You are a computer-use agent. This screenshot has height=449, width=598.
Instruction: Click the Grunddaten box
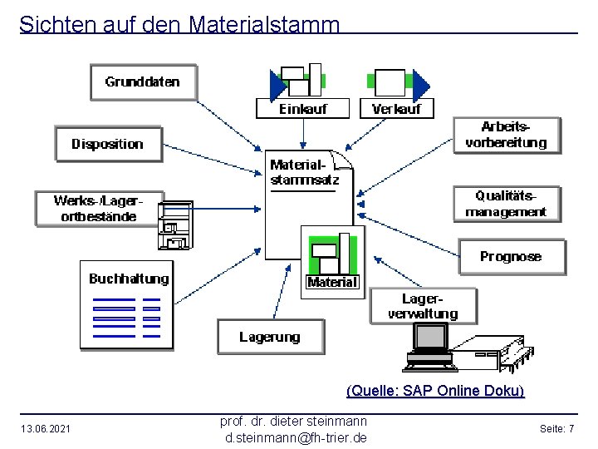click(x=142, y=82)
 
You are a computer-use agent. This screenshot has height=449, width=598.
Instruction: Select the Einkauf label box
click(x=303, y=109)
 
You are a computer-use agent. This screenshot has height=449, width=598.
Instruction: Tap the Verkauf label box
click(x=396, y=109)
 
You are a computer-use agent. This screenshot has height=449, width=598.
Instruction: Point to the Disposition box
click(x=108, y=144)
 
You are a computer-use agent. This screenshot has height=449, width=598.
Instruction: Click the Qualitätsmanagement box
click(x=506, y=204)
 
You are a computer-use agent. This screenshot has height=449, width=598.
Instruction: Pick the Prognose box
click(x=511, y=257)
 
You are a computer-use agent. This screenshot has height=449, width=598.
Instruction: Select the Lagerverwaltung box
click(x=423, y=306)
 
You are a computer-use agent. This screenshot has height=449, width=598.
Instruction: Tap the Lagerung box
click(x=270, y=337)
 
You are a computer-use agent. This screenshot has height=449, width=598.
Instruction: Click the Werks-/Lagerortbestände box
click(x=98, y=209)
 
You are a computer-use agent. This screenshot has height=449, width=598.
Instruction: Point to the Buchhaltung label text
click(x=129, y=279)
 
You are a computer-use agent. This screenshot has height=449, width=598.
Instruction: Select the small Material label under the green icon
click(x=332, y=283)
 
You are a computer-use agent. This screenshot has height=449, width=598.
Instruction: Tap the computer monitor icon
click(x=430, y=340)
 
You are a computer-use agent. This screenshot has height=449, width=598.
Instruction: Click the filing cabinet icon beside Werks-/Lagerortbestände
click(x=175, y=224)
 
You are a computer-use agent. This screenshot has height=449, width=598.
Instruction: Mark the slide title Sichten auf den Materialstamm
click(x=179, y=24)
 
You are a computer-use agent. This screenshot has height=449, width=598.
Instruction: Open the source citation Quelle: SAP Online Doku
click(x=435, y=391)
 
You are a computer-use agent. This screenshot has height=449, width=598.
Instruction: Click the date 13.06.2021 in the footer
click(x=46, y=428)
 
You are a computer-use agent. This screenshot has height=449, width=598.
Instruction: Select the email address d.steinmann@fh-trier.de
click(x=294, y=437)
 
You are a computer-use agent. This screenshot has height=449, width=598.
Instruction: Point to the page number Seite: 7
click(x=556, y=428)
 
